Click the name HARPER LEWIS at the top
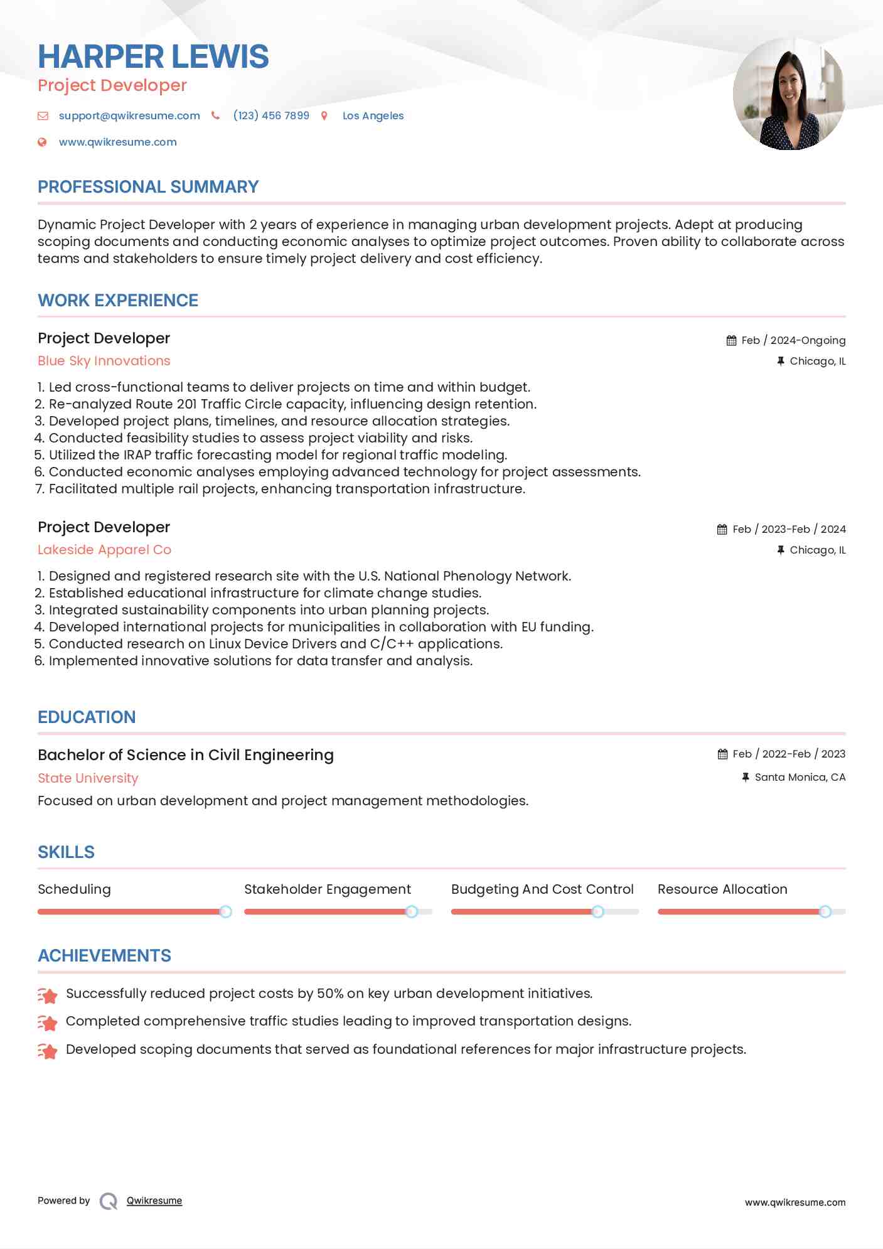pyautogui.click(x=153, y=56)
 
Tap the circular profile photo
pyautogui.click(x=789, y=94)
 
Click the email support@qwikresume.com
pyautogui.click(x=129, y=115)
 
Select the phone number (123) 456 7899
pyautogui.click(x=271, y=115)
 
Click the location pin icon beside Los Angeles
pyautogui.click(x=324, y=115)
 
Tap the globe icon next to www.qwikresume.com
pyautogui.click(x=42, y=142)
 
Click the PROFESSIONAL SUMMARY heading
pyautogui.click(x=148, y=187)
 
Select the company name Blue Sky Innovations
pyautogui.click(x=104, y=361)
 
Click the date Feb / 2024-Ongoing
pyautogui.click(x=793, y=340)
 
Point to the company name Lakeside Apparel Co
pyautogui.click(x=104, y=550)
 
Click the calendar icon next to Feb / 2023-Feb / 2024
pyautogui.click(x=722, y=530)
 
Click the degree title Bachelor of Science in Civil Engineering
pyautogui.click(x=186, y=755)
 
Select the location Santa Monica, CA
pyautogui.click(x=800, y=777)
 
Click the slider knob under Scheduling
pyautogui.click(x=225, y=911)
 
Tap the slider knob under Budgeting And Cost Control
pyautogui.click(x=598, y=911)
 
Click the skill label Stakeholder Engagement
pyautogui.click(x=328, y=889)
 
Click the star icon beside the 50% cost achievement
pyautogui.click(x=48, y=995)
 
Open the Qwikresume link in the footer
pyautogui.click(x=154, y=1201)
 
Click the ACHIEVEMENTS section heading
pyautogui.click(x=104, y=956)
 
